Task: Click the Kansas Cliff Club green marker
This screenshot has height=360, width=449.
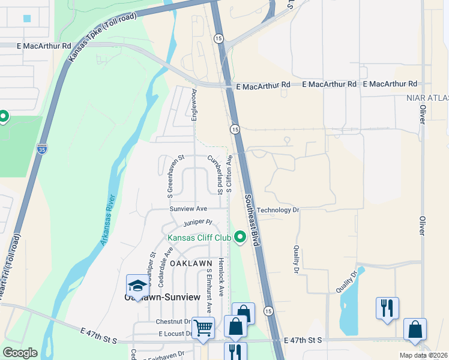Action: (241, 238)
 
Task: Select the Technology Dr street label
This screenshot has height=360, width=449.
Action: (278, 210)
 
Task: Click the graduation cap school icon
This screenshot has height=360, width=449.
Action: (137, 286)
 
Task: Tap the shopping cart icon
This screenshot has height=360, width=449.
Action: (203, 328)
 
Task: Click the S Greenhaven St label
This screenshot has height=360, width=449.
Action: (170, 177)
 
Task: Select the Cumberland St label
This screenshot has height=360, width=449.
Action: (215, 174)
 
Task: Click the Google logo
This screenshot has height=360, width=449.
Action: (20, 353)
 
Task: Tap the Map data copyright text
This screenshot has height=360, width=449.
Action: (423, 355)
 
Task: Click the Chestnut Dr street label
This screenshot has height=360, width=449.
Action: (173, 322)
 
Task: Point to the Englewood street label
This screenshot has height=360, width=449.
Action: (194, 106)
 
